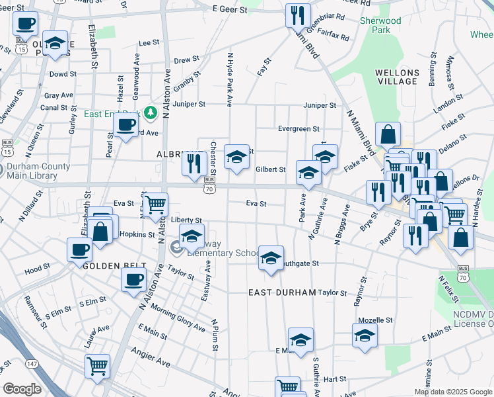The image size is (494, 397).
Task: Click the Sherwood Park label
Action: (380, 25)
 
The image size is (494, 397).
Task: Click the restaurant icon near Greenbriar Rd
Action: (298, 15)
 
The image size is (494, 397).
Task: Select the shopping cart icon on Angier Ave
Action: (98, 365)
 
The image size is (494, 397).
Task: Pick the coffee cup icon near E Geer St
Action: (25, 24)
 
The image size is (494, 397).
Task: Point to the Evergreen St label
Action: (299, 129)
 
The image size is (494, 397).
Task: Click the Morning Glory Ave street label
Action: (178, 316)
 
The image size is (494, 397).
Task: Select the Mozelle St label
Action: (375, 320)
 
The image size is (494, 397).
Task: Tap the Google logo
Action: (22, 389)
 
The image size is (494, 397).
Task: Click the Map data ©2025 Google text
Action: (452, 392)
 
